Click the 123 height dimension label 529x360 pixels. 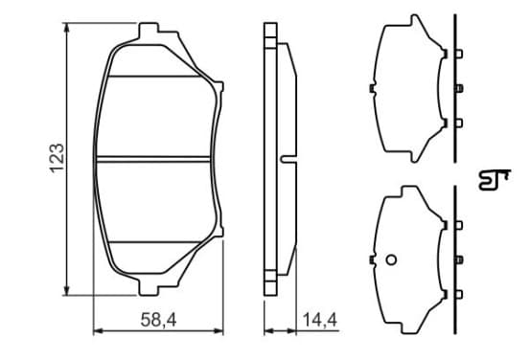57,158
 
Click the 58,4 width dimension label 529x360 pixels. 158,320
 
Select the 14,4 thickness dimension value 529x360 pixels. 320,320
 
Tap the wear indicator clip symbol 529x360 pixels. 494,180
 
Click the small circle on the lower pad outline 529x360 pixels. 391,259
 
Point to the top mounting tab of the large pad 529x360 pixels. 149,30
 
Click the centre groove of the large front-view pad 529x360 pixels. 152,160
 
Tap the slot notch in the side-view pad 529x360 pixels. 288,159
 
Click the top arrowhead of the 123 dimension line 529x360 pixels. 67,28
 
